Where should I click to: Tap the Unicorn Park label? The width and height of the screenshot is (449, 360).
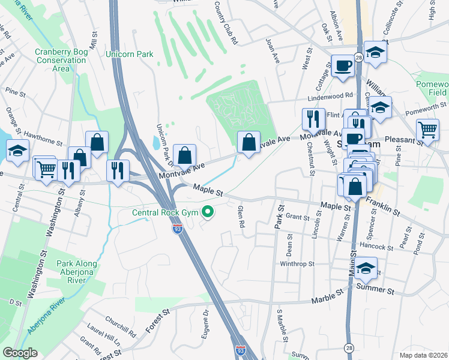tap(129, 55)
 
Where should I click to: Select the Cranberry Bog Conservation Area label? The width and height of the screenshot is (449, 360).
tap(60, 60)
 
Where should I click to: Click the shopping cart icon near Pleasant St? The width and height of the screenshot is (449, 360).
tap(427, 130)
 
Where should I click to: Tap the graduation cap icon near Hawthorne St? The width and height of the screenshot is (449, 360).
tap(18, 150)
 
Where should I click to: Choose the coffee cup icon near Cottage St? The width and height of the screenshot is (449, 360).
tap(343, 65)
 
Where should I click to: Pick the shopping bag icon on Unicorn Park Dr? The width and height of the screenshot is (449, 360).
tap(185, 155)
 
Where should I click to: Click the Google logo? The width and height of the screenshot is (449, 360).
tap(20, 353)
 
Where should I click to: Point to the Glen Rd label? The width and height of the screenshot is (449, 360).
tap(241, 218)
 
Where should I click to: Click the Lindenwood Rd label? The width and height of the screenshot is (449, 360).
tap(330, 96)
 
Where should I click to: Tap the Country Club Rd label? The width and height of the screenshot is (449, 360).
tap(227, 22)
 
